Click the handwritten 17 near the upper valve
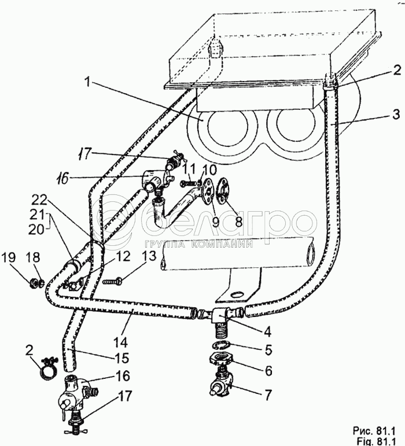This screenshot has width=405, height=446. [86, 155]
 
